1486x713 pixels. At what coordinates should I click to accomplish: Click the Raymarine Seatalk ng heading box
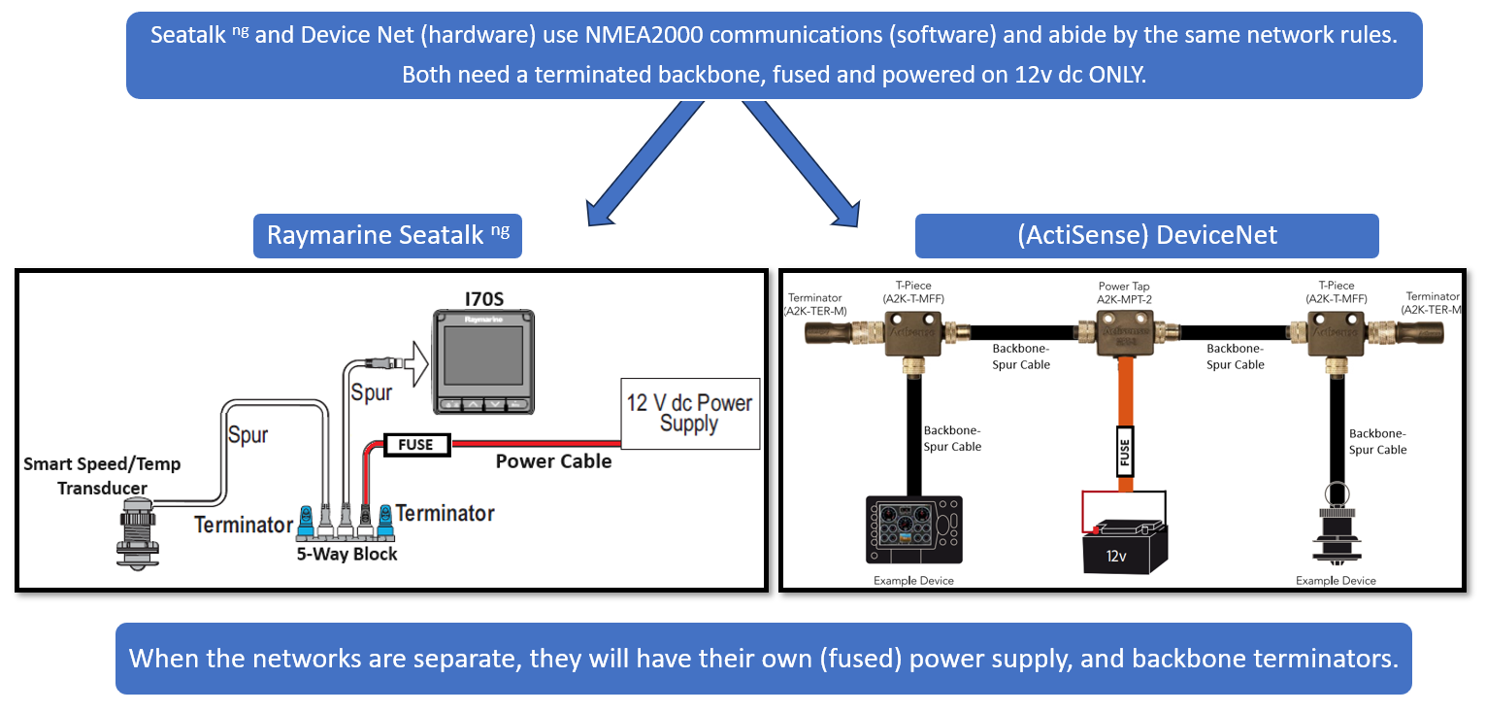click(387, 236)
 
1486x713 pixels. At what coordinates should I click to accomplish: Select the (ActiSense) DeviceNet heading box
click(1146, 235)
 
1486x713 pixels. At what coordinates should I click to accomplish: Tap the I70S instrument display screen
click(482, 356)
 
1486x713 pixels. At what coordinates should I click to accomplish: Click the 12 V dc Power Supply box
click(689, 414)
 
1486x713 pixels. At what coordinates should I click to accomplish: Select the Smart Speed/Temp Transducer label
click(102, 475)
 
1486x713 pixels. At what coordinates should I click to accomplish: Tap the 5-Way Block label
click(347, 554)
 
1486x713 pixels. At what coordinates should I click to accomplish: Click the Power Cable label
click(553, 461)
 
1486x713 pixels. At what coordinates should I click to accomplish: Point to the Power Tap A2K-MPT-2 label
click(1124, 293)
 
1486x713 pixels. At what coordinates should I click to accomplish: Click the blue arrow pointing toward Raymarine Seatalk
click(641, 156)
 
